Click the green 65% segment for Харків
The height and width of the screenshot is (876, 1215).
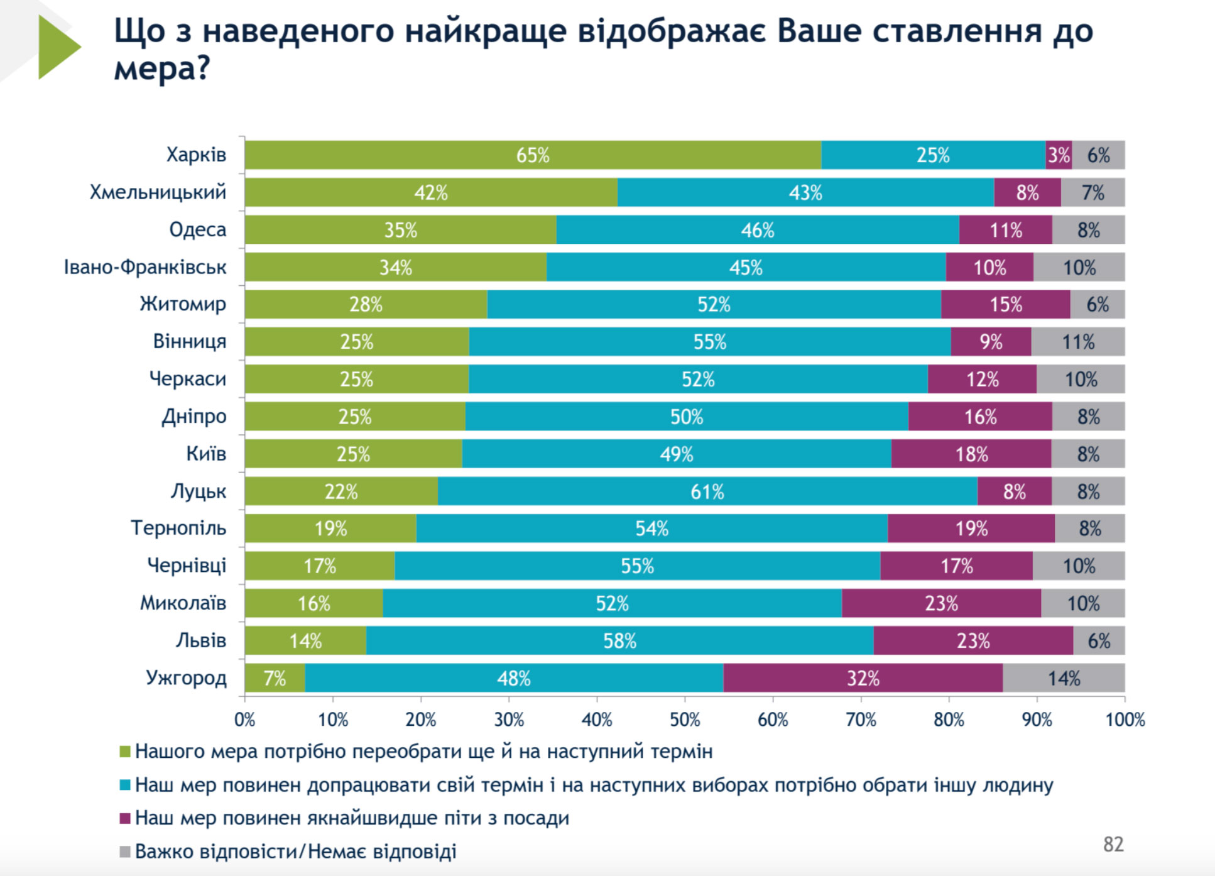pos(533,155)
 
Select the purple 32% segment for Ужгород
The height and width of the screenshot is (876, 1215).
pos(863,678)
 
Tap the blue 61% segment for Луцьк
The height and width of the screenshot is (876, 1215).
pos(707,491)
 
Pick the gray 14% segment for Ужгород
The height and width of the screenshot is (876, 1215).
pos(1064,678)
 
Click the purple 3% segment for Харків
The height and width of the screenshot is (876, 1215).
pos(1059,155)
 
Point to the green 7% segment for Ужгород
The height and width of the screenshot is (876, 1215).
pos(275,678)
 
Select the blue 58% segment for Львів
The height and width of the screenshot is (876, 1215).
pos(619,641)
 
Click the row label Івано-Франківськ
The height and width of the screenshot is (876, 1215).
pos(144,267)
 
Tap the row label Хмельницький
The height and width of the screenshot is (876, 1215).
pos(158,192)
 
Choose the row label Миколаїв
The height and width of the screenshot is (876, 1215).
pos(183,603)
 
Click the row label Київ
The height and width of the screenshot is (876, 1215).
pos(205,453)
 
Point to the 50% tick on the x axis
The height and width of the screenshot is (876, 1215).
pos(685,720)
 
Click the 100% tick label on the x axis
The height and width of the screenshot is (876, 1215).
pos(1125,720)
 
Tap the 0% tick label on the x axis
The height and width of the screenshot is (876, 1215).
pos(245,720)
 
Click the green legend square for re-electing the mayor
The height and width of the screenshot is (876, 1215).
pos(125,752)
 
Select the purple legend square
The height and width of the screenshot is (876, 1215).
pos(125,818)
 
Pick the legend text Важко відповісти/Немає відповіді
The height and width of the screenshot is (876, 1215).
pos(295,851)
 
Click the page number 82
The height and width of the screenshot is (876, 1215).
pos(1113,844)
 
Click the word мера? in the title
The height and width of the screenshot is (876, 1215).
pos(161,68)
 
